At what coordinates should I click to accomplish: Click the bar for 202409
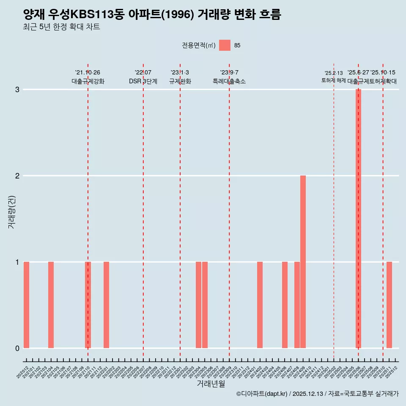303,262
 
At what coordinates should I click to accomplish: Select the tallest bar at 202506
358,218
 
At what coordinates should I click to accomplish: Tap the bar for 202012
26,305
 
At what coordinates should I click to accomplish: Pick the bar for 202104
51,305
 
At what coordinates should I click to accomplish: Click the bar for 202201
106,305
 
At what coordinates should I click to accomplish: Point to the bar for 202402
260,305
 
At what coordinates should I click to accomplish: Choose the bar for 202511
389,305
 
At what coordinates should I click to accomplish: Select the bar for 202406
285,305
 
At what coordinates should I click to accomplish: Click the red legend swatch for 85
225,45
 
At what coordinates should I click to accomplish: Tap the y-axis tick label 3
17,90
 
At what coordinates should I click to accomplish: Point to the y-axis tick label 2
17,176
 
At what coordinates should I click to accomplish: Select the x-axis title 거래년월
211,384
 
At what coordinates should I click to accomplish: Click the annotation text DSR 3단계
143,81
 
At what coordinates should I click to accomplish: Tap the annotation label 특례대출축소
229,81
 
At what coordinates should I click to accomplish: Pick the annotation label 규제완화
180,81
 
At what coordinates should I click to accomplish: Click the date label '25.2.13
334,73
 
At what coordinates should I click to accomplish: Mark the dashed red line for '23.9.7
229,211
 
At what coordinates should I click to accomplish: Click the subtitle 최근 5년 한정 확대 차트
62,27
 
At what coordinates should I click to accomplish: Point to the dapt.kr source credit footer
317,394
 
